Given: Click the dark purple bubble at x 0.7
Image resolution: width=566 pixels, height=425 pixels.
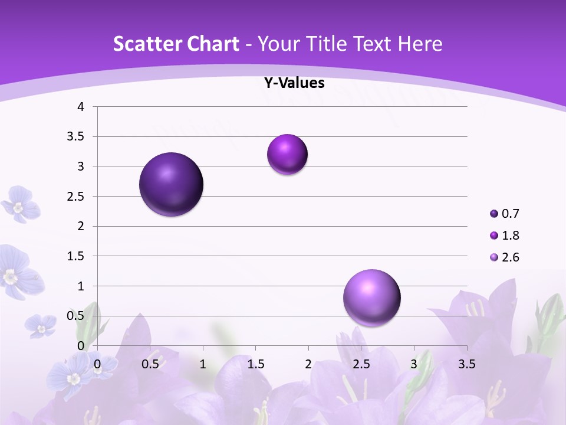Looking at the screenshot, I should point(172,184).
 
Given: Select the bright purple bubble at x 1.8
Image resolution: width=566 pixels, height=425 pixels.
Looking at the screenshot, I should point(287,155).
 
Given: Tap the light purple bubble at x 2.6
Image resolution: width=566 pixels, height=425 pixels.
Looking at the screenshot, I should point(371,297).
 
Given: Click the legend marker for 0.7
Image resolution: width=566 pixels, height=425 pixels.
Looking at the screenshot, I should point(494,214).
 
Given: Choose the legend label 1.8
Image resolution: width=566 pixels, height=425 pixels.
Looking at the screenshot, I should point(511,236).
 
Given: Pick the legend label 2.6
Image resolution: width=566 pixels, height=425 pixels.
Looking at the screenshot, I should point(511,257).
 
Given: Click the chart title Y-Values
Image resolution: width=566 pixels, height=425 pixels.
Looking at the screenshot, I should point(294,83).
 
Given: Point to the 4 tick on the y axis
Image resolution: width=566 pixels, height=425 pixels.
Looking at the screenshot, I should point(81,107).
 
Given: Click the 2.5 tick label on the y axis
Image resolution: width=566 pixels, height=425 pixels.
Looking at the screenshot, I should point(76,197).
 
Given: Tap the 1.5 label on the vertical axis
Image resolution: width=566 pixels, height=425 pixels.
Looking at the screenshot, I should point(76,256).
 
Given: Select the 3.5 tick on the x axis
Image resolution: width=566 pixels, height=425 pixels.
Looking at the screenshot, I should point(466,364).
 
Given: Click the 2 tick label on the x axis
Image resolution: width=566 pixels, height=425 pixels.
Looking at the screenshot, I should point(308,364).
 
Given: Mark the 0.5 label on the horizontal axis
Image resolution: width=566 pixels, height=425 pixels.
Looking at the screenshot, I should point(150,364).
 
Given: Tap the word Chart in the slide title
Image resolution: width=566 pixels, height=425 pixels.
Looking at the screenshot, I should point(215,44).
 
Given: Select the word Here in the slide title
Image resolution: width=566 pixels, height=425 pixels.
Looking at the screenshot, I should point(420,44).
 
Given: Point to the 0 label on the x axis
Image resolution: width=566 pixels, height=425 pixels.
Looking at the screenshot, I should point(97,364).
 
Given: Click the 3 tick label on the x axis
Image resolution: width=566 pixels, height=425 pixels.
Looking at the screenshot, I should point(414,364).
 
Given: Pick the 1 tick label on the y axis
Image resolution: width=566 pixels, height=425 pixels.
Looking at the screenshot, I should point(81,286).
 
